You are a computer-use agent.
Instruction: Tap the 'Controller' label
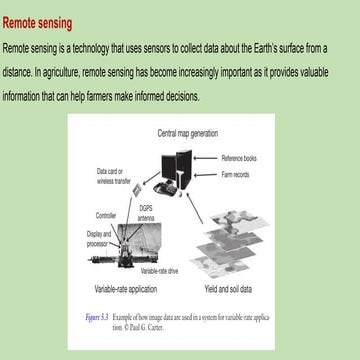click(x=106, y=215)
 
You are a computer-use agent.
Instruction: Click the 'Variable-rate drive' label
click(x=160, y=271)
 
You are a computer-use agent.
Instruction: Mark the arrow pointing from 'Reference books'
click(x=213, y=160)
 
